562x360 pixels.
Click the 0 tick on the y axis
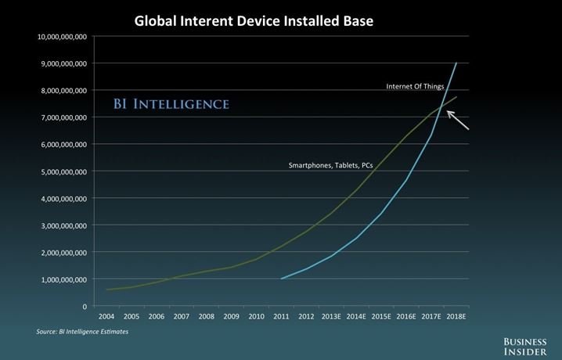pyautogui.click(x=83, y=306)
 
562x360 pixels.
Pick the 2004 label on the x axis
pyautogui.click(x=107, y=317)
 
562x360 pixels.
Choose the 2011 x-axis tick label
pyautogui.click(x=281, y=317)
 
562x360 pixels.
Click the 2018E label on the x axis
pyautogui.click(x=456, y=317)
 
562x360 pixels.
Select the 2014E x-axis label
pyautogui.click(x=356, y=317)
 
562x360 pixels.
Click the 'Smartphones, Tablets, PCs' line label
pyautogui.click(x=330, y=166)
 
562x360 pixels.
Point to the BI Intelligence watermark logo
pyautogui.click(x=170, y=104)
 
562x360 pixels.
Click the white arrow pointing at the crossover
pyautogui.click(x=459, y=121)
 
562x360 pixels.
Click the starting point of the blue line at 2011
pyautogui.click(x=282, y=279)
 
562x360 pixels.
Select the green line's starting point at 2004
pyautogui.click(x=107, y=290)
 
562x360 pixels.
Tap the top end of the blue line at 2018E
pyautogui.click(x=456, y=63)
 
